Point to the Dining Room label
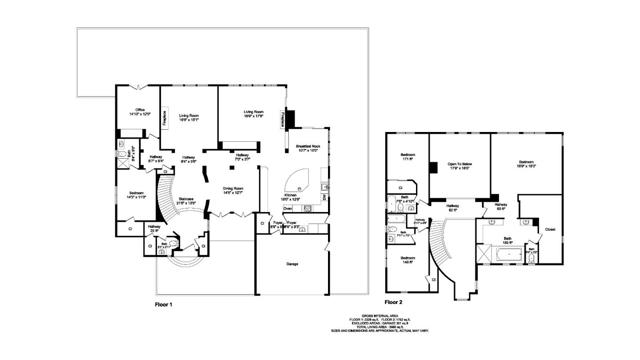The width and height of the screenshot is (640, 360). (x=234, y=188)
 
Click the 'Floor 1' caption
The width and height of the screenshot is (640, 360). (x=164, y=302)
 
